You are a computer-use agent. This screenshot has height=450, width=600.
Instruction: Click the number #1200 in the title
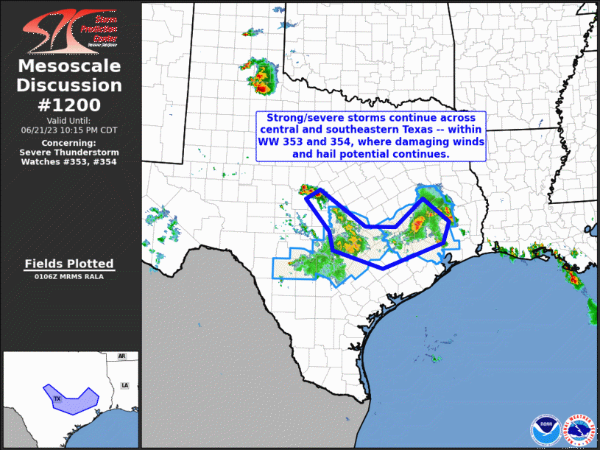[70, 105]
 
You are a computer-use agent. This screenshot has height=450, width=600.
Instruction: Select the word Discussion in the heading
[69, 85]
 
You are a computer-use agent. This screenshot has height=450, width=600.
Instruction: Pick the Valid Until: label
[68, 120]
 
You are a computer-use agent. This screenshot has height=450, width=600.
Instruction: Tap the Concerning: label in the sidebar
[68, 142]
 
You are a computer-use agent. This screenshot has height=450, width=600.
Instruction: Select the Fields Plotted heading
[69, 264]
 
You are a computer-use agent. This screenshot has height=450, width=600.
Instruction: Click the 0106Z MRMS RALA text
[69, 277]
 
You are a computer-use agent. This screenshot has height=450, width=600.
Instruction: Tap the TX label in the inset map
[57, 398]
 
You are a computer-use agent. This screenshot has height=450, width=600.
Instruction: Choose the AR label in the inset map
[122, 357]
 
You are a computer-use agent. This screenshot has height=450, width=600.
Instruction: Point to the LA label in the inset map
[125, 385]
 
